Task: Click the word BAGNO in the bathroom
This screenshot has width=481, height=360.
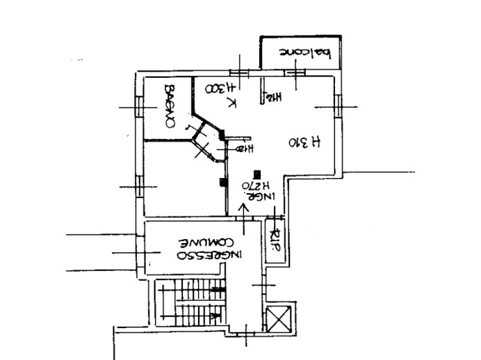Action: [169, 106]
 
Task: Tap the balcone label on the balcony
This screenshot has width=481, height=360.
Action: [303, 51]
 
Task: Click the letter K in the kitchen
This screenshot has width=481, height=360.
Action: [232, 104]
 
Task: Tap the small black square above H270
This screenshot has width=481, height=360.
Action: [258, 173]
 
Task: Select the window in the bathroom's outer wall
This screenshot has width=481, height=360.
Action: [138, 107]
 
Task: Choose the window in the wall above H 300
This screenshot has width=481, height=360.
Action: [238, 73]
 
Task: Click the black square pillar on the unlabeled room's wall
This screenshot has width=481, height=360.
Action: [222, 183]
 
